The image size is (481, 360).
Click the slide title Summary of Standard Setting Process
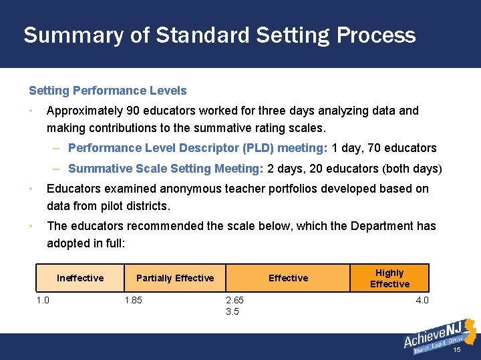click(219, 35)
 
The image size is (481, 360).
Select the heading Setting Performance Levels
click(108, 91)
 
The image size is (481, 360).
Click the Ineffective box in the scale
click(80, 278)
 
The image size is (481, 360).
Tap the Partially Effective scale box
click(175, 278)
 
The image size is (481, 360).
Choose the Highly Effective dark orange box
click(389, 278)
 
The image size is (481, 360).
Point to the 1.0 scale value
click(43, 301)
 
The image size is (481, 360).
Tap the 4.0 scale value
click(422, 301)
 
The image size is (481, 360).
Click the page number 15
click(458, 350)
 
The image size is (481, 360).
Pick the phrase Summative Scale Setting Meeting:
click(166, 169)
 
